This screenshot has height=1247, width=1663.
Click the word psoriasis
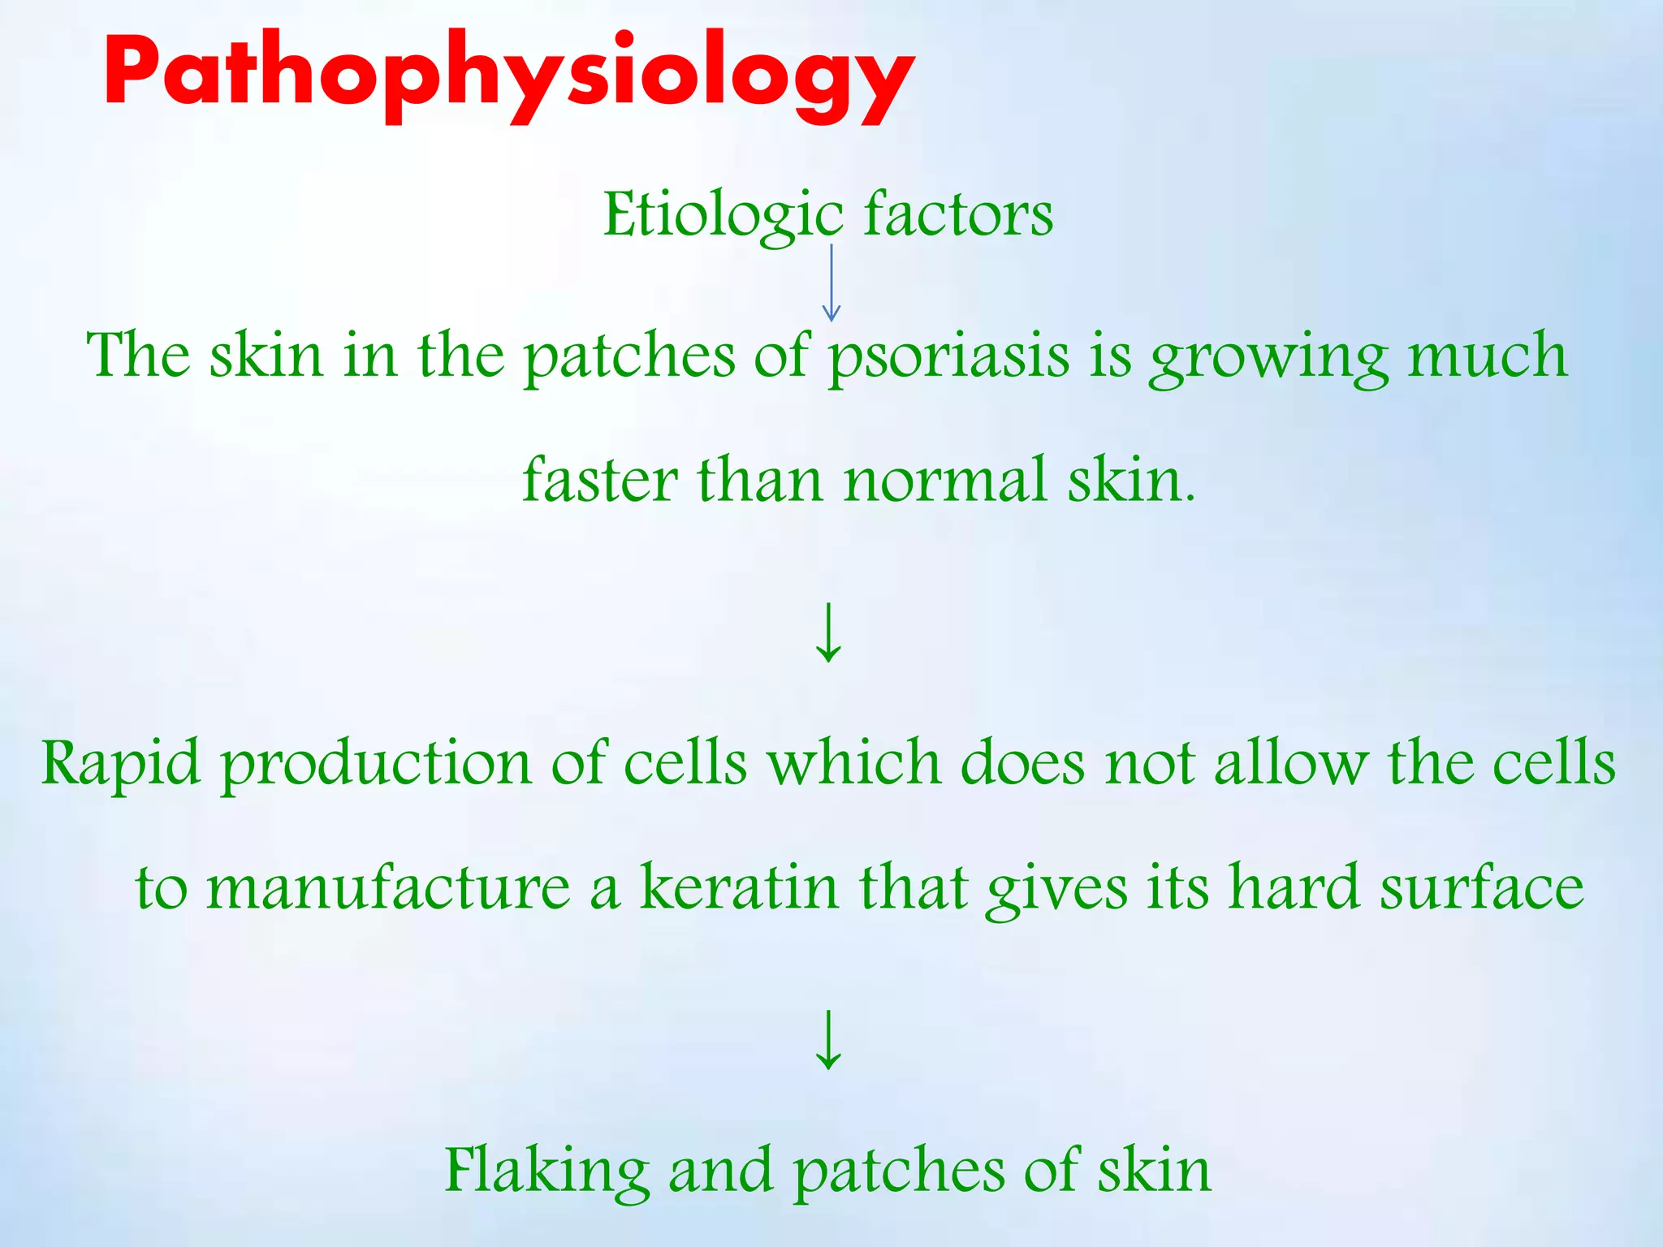coord(948,357)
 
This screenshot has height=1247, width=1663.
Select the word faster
coord(599,480)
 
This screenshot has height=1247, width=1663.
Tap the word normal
coord(945,480)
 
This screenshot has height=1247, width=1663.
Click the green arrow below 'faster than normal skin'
coord(828,632)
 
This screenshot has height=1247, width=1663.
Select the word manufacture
coord(388,887)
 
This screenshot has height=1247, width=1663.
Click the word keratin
coord(739,887)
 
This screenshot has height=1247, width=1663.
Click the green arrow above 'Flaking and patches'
coord(828,1040)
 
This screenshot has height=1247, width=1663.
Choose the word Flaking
coord(547,1171)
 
